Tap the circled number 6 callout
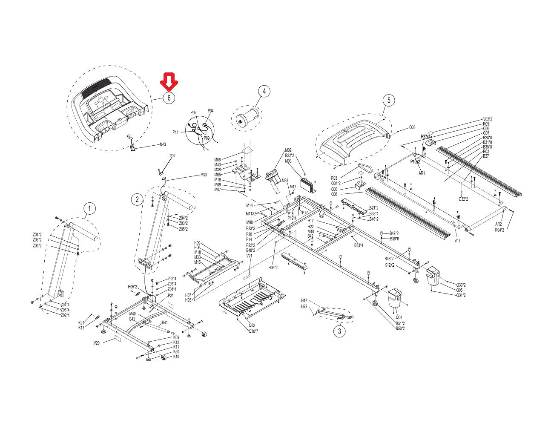pyautogui.click(x=169, y=98)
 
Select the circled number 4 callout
pyautogui.click(x=264, y=91)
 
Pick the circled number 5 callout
pyautogui.click(x=388, y=101)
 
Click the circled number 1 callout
pyautogui.click(x=89, y=209)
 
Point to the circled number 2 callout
pyautogui.click(x=137, y=199)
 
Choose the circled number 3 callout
pyautogui.click(x=339, y=331)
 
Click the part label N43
pyautogui.click(x=163, y=144)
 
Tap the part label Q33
pyautogui.click(x=412, y=127)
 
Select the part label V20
pyautogui.click(x=97, y=343)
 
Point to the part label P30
pyautogui.click(x=204, y=175)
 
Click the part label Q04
pyautogui.click(x=399, y=317)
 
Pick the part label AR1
pyautogui.click(x=422, y=173)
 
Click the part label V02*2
pyautogui.click(x=488, y=119)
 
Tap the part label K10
pyautogui.click(x=176, y=357)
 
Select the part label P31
pyautogui.click(x=173, y=156)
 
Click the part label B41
pyautogui.click(x=164, y=322)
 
